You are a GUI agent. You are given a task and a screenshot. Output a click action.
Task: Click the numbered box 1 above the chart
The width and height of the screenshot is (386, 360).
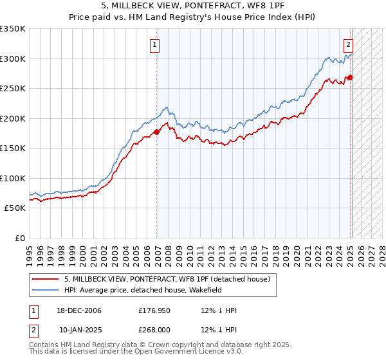156,45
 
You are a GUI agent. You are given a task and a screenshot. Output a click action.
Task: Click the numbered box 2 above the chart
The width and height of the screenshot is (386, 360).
347,45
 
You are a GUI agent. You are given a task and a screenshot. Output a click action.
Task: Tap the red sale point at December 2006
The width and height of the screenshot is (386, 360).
157,132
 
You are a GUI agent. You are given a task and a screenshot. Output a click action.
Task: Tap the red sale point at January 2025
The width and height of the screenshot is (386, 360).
351,78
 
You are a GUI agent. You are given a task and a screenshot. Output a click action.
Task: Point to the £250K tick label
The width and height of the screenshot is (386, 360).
13,88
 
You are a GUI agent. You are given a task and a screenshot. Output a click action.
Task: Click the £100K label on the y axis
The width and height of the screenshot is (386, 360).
13,178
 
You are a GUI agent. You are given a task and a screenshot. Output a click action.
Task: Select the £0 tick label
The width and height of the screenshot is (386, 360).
19,238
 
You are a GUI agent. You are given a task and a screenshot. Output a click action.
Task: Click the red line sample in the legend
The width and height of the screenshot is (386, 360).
46,279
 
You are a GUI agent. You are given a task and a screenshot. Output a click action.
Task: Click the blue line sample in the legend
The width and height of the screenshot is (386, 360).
46,290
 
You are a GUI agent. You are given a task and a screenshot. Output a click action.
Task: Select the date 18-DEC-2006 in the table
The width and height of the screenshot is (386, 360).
78,310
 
